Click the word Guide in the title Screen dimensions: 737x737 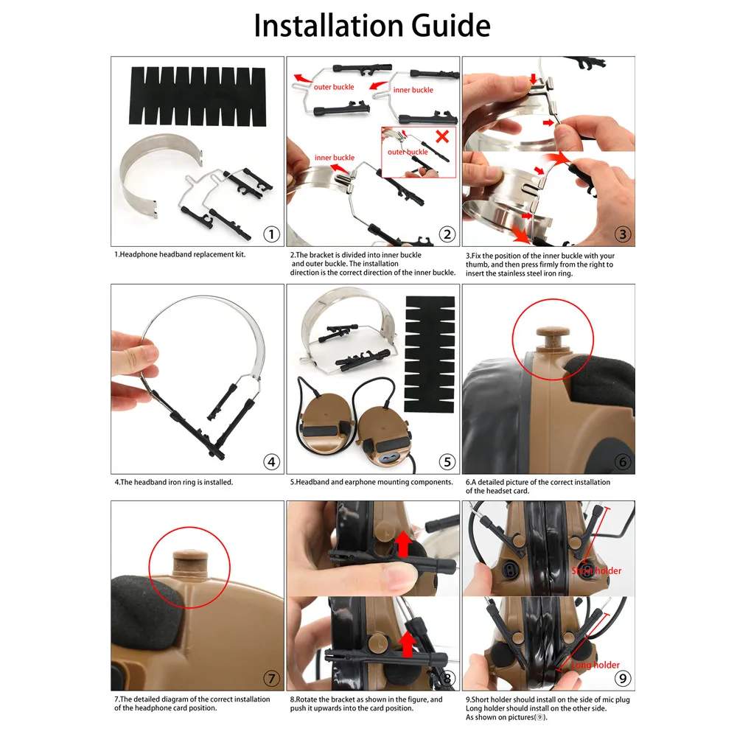[451, 25]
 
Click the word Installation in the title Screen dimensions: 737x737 [328, 25]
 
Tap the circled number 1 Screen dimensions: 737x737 [271, 234]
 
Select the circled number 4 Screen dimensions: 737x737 [271, 462]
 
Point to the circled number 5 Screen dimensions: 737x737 [447, 462]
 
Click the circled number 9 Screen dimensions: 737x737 [623, 678]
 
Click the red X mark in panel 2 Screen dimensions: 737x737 [442, 136]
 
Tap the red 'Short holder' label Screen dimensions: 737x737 [596, 570]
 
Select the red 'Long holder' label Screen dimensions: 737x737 [595, 665]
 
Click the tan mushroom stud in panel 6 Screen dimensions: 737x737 [553, 338]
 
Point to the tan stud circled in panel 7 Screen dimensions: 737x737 [190, 561]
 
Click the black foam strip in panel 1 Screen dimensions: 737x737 [198, 97]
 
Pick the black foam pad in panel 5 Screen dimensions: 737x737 [430, 354]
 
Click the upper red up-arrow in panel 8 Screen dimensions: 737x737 [403, 544]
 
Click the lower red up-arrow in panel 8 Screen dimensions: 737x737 [407, 644]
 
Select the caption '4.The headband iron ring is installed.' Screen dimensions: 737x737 [174, 482]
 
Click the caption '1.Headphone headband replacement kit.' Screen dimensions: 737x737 [180, 255]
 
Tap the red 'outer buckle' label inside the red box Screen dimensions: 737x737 [408, 152]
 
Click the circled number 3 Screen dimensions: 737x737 [623, 234]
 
